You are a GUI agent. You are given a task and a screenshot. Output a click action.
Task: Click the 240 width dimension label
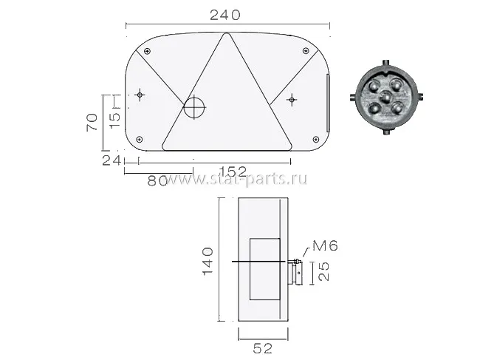point(225,15)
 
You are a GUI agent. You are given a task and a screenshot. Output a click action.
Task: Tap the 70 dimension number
point(92,123)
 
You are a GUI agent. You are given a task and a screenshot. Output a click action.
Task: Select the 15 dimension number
point(115,120)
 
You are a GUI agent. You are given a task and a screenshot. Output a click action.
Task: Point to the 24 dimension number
point(111,160)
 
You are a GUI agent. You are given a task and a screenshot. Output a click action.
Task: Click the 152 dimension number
point(233,171)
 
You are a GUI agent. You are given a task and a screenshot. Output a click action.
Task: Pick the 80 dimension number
point(157,181)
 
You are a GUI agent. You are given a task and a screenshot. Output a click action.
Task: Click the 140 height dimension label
point(208,262)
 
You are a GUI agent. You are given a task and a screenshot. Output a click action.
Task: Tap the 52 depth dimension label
point(263,348)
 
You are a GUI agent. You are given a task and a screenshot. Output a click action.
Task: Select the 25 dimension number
point(324,271)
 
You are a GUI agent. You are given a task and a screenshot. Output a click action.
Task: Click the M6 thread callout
point(325,245)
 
